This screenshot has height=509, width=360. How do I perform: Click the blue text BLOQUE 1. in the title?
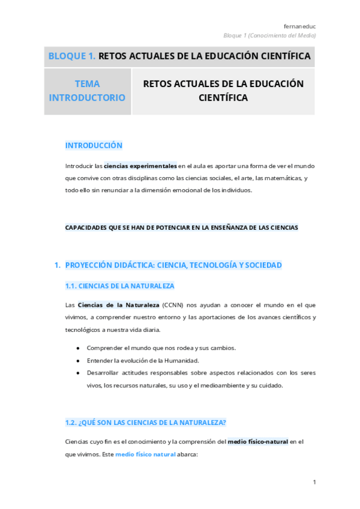coord(71,56)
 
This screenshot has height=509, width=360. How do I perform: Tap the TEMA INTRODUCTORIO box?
coord(87,91)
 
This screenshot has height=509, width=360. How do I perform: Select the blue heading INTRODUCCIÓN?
coord(94,145)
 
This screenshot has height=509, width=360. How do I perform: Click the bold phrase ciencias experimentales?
coord(140,166)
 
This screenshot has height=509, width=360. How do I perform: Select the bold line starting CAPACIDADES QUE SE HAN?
coord(181,227)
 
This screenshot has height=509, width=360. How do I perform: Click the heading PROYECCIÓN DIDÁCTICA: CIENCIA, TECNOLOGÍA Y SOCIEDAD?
coord(173,265)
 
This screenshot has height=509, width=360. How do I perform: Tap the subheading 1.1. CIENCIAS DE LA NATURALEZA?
coord(119,286)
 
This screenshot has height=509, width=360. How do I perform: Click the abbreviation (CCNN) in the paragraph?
coord(174,305)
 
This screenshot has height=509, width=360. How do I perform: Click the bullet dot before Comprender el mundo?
coord(78,348)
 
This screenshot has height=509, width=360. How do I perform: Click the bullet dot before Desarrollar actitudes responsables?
coord(78,373)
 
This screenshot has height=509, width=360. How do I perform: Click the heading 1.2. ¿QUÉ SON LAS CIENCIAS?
coord(145,423)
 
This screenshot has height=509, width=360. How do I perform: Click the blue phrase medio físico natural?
coord(145,454)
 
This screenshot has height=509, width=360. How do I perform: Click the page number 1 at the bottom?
coord(314,482)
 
